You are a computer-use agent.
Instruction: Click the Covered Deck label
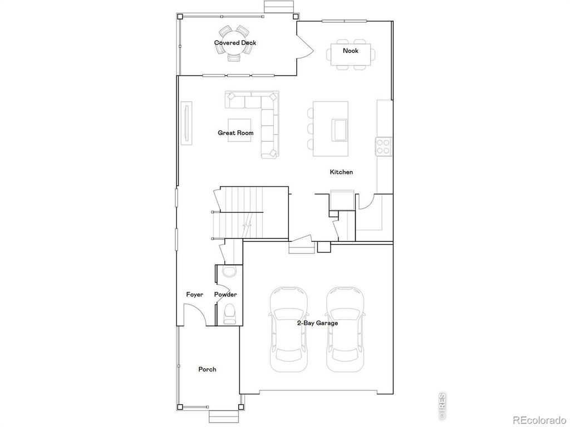[235, 43]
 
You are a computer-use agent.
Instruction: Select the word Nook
[351, 51]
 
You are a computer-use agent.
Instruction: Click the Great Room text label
[235, 133]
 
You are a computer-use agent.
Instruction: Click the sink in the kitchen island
[339, 130]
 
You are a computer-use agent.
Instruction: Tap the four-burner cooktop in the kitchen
[384, 146]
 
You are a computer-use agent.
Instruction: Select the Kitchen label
[341, 172]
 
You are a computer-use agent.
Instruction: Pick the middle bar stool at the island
[310, 129]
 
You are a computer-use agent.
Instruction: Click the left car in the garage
[288, 330]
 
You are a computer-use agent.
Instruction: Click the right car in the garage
[345, 330]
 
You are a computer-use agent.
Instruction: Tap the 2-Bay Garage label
[317, 322]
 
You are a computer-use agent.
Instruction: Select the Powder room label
[225, 295]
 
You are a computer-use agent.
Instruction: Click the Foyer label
[195, 295]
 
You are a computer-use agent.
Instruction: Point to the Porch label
[208, 369]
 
